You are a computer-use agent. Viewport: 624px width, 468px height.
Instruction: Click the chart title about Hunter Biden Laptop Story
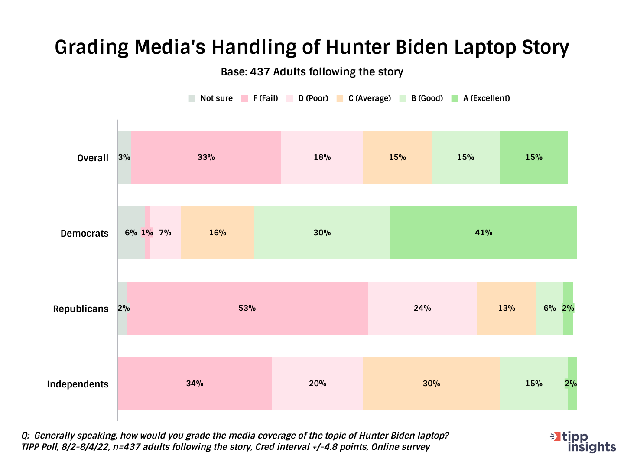(312, 47)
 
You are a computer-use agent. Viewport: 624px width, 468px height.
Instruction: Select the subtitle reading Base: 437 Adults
(312, 72)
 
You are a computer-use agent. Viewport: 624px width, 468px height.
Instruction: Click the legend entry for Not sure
(211, 98)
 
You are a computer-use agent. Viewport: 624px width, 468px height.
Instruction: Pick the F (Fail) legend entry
(260, 98)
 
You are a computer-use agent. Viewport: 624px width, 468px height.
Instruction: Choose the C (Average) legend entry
(364, 98)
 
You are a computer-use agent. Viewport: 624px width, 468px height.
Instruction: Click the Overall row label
(93, 158)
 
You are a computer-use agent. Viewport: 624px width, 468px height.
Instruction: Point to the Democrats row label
(84, 233)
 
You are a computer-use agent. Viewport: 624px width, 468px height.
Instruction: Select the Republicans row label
(81, 309)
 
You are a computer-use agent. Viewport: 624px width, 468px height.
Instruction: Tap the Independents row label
(78, 384)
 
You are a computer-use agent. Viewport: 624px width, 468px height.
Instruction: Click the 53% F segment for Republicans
(247, 308)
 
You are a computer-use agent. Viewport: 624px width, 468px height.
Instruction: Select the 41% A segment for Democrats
(484, 233)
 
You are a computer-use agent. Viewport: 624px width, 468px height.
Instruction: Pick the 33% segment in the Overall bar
(206, 157)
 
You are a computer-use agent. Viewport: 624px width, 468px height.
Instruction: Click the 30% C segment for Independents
(431, 383)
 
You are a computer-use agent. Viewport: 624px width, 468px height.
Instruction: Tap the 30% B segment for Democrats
(322, 233)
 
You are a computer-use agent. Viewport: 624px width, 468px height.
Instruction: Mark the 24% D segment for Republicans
(422, 308)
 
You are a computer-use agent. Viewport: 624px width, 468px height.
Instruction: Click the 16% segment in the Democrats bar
(217, 233)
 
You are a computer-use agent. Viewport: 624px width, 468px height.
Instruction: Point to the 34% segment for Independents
(195, 383)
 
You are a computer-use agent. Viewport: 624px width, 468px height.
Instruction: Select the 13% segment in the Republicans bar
(506, 308)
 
